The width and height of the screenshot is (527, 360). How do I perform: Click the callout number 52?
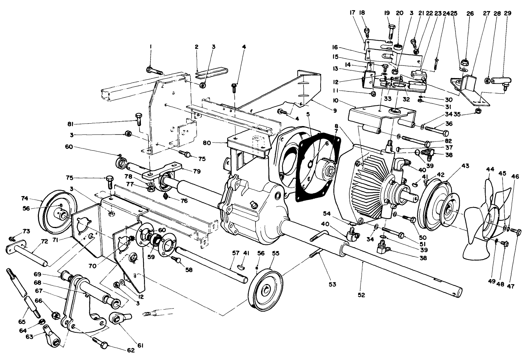tap(361, 295)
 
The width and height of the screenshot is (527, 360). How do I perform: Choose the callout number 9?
tap(335, 111)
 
